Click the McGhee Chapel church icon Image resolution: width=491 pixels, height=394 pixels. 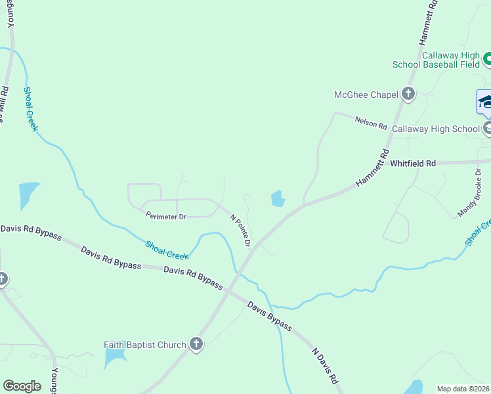tap(408, 95)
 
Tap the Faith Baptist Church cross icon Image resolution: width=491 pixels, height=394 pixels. tap(196, 344)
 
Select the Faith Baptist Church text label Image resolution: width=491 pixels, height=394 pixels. tap(145, 344)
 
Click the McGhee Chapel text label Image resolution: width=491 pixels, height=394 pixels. tap(366, 95)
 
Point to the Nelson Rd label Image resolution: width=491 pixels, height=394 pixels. tap(371, 122)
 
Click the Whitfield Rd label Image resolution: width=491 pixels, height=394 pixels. tap(413, 163)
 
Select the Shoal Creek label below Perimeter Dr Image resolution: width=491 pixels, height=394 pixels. tap(166, 250)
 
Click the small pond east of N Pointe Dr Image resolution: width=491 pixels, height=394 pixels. tap(278, 198)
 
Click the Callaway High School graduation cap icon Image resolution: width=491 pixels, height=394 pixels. tap(485, 102)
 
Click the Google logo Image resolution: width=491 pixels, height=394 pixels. tap(22, 385)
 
